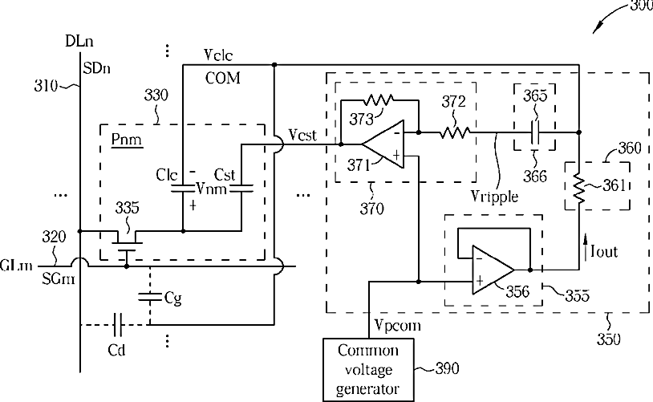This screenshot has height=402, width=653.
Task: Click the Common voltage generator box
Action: pyautogui.click(x=368, y=370)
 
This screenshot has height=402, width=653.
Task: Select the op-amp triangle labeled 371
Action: pyautogui.click(x=383, y=144)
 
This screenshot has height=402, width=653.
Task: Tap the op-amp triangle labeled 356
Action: pyautogui.click(x=493, y=270)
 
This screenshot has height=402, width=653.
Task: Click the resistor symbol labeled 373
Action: pyautogui.click(x=379, y=100)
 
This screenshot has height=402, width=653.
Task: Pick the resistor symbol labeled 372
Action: pyautogui.click(x=455, y=132)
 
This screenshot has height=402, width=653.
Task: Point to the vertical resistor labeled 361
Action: pyautogui.click(x=579, y=189)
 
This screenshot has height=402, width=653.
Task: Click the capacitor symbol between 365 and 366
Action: pyautogui.click(x=535, y=132)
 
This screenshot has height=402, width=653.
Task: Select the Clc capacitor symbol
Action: pyautogui.click(x=183, y=189)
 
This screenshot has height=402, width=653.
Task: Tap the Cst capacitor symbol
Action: pyautogui.click(x=241, y=189)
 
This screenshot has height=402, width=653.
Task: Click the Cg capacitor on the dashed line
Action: pyautogui.click(x=150, y=297)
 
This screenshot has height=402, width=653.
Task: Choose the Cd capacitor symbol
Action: pyautogui.click(x=118, y=324)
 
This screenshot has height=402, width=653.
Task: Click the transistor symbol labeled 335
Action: pyautogui.click(x=127, y=246)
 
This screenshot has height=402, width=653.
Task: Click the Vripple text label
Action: pyautogui.click(x=494, y=196)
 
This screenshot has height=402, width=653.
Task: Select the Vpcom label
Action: pyautogui.click(x=397, y=325)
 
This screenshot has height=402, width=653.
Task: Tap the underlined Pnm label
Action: pyautogui.click(x=127, y=140)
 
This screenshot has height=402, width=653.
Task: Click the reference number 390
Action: pyautogui.click(x=448, y=368)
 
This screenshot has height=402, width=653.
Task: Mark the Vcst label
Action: pyautogui.click(x=302, y=135)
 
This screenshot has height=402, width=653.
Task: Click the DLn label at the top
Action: pyautogui.click(x=79, y=41)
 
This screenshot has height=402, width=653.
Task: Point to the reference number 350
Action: pyautogui.click(x=608, y=339)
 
